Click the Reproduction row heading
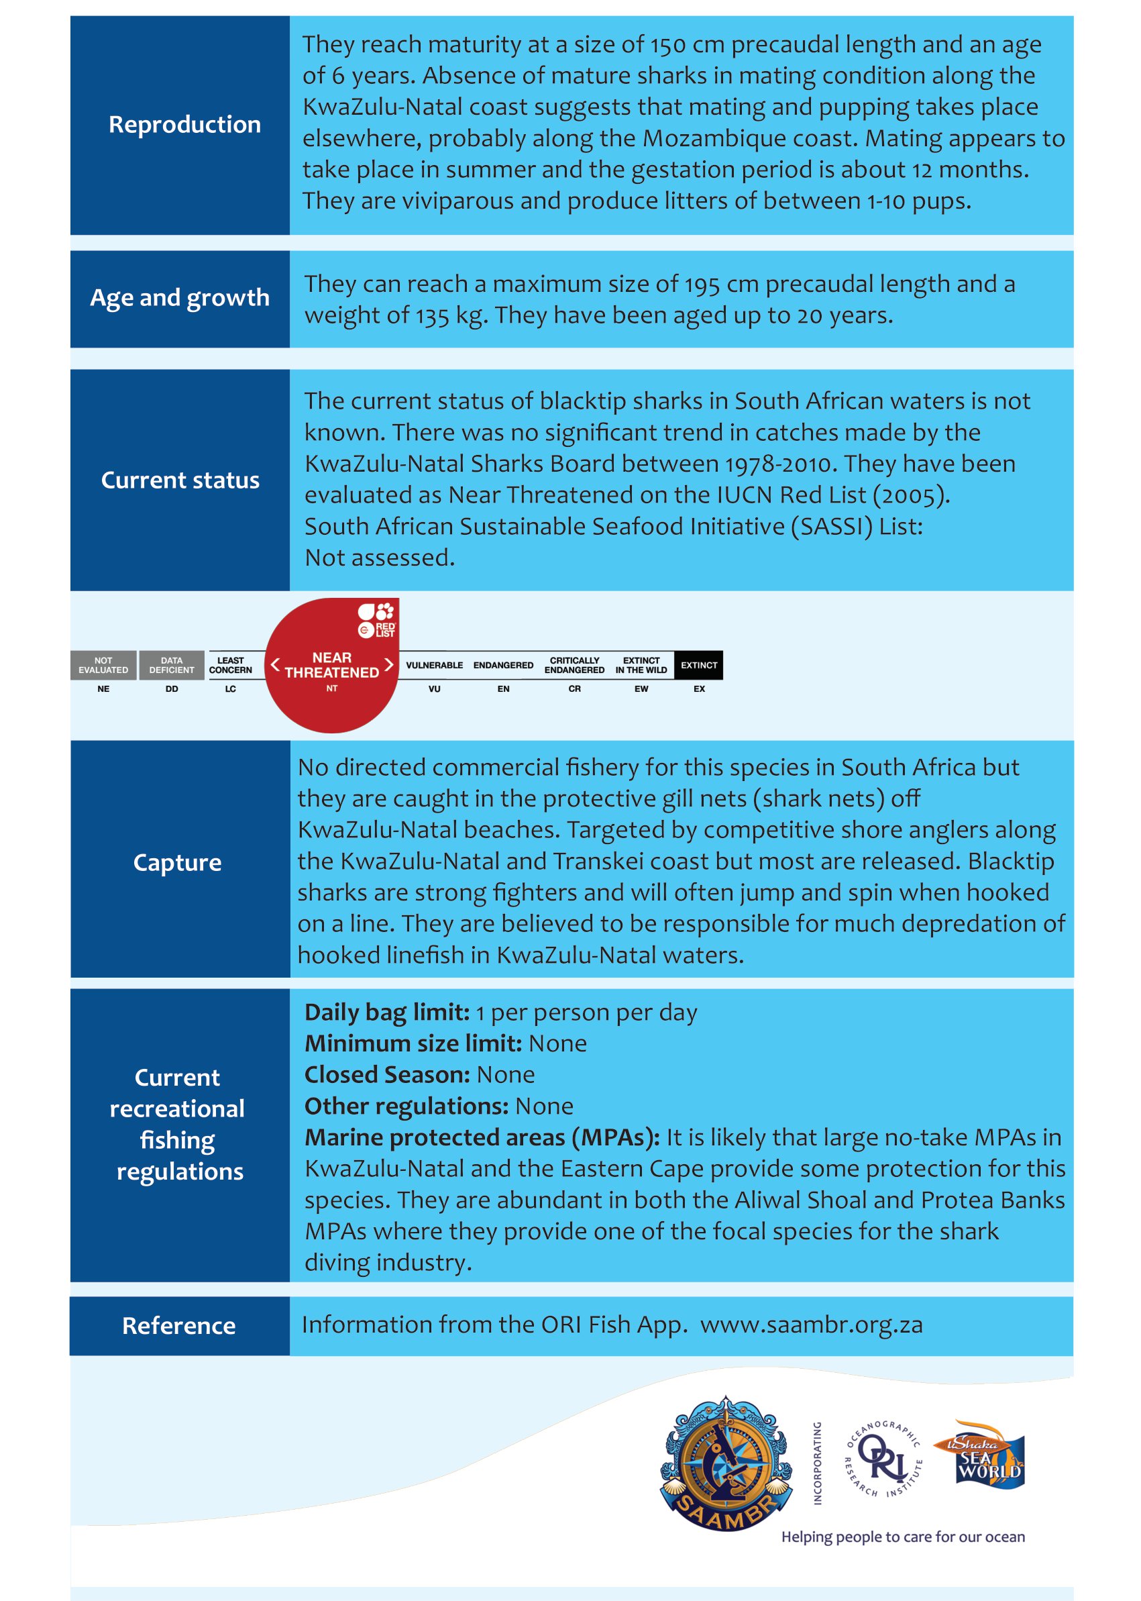click(x=184, y=124)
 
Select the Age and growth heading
click(x=179, y=298)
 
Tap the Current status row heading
click(x=180, y=480)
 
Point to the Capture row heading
click(x=177, y=862)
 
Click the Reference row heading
click(x=178, y=1325)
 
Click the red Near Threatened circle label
click(x=331, y=665)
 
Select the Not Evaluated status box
click(x=103, y=665)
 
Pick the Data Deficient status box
click(x=172, y=665)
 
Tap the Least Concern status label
click(x=231, y=665)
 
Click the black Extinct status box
click(x=698, y=665)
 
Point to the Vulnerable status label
click(x=434, y=665)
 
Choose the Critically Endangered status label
click(x=574, y=665)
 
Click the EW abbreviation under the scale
click(x=641, y=688)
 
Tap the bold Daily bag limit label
click(x=386, y=1013)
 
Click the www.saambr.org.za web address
click(x=812, y=1325)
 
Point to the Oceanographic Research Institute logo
click(x=883, y=1459)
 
